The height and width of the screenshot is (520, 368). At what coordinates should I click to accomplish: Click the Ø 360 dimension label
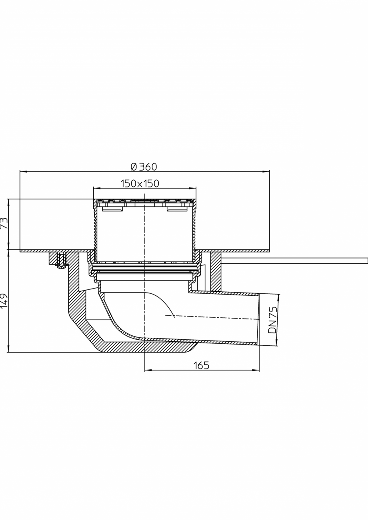point(144,167)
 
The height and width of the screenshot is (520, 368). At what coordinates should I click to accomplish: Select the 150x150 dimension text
point(140,183)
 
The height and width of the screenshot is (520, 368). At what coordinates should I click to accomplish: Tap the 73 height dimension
point(5,223)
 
